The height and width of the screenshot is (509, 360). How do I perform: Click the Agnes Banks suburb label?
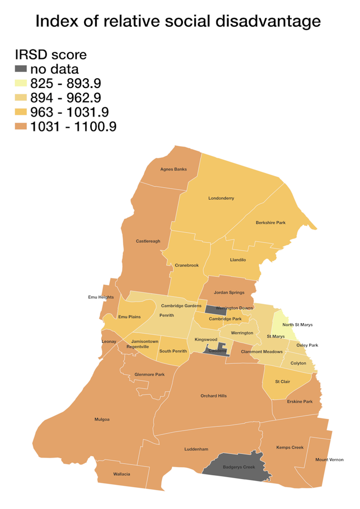click(173, 169)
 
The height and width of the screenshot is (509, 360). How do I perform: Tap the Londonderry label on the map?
click(221, 198)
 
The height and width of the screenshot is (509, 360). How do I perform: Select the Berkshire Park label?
click(271, 222)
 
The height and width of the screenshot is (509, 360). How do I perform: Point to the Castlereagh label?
click(148, 241)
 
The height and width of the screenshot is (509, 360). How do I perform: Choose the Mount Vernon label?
click(329, 460)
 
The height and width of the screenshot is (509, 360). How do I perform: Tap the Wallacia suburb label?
click(121, 474)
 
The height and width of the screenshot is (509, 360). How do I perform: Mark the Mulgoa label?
click(102, 419)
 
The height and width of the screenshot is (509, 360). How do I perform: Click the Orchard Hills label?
click(214, 396)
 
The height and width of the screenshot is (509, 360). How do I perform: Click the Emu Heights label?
click(101, 297)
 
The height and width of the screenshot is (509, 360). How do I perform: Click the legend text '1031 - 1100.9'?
click(73, 126)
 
